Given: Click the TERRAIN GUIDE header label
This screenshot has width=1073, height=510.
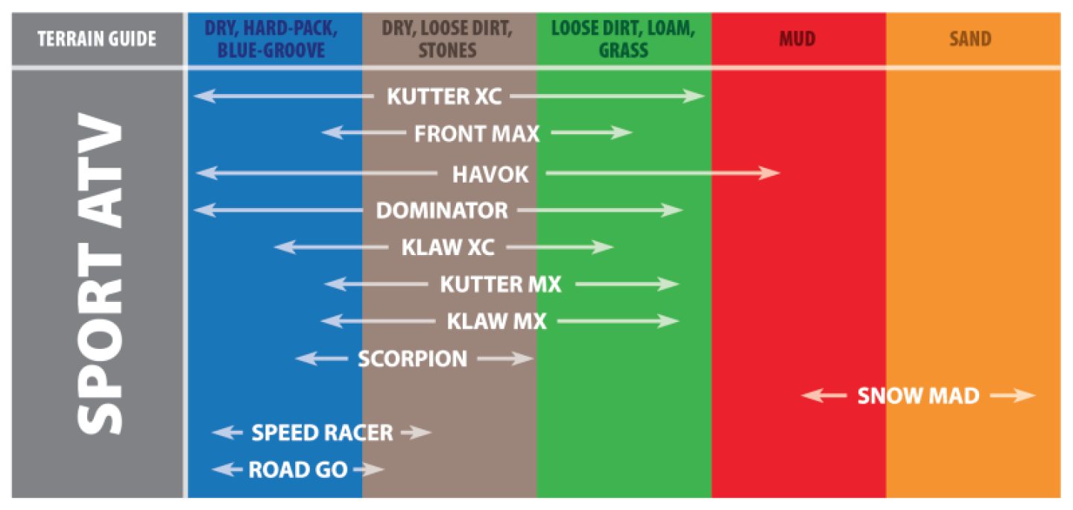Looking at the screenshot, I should (x=97, y=39).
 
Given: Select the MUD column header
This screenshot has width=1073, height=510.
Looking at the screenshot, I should (x=797, y=39).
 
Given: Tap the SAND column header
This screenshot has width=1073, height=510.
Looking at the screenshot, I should (x=970, y=39).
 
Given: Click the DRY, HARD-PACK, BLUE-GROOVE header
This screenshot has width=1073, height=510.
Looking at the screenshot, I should (x=273, y=40).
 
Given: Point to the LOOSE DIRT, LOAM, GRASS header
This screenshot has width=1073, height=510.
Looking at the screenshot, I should (x=623, y=40).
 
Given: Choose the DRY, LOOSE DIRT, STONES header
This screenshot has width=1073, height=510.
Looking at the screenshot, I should (x=447, y=40).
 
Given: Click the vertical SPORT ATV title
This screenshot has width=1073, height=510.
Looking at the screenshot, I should (x=98, y=276).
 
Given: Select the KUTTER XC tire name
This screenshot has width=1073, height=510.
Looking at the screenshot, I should (x=444, y=96).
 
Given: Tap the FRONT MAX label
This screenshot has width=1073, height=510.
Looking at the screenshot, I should (x=477, y=134).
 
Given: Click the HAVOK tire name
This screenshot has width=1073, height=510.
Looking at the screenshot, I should (x=490, y=174).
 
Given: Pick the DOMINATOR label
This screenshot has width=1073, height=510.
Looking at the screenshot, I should (x=442, y=210).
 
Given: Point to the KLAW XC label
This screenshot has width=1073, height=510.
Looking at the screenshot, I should (x=448, y=248).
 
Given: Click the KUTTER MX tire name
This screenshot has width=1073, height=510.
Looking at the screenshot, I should (x=501, y=284).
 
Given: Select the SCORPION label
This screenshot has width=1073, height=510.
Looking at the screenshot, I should (x=412, y=359).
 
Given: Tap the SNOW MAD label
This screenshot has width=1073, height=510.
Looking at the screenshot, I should (x=918, y=396).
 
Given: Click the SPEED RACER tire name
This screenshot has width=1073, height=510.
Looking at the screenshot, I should (x=322, y=432).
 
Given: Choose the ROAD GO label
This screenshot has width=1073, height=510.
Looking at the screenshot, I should (x=297, y=470).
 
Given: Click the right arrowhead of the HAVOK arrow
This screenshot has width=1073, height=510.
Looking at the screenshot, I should (x=772, y=174).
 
